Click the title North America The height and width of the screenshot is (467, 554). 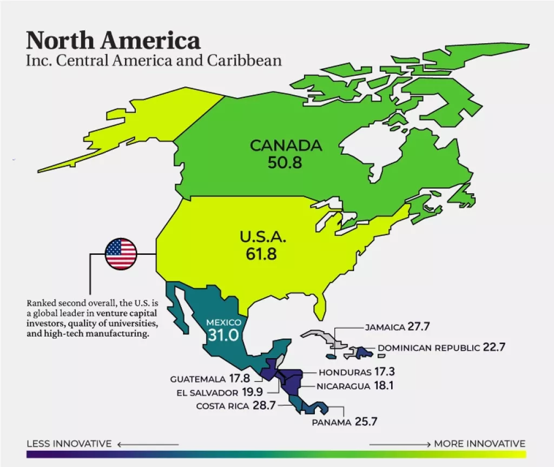(x=113, y=41)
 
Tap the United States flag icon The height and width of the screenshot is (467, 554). (x=121, y=254)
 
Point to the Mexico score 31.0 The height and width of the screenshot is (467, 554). (x=223, y=335)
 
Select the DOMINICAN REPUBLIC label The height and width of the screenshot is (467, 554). (x=428, y=348)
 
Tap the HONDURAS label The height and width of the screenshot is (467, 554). (x=345, y=372)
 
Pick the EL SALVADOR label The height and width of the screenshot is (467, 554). (x=207, y=393)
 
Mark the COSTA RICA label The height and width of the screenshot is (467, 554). (x=222, y=406)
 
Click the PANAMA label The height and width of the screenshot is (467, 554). (x=332, y=422)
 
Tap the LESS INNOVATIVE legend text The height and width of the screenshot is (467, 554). (x=69, y=444)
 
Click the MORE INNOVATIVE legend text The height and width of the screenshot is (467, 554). (x=479, y=444)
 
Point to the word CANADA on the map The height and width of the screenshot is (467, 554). (x=286, y=146)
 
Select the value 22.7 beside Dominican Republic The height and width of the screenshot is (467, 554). (x=494, y=347)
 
